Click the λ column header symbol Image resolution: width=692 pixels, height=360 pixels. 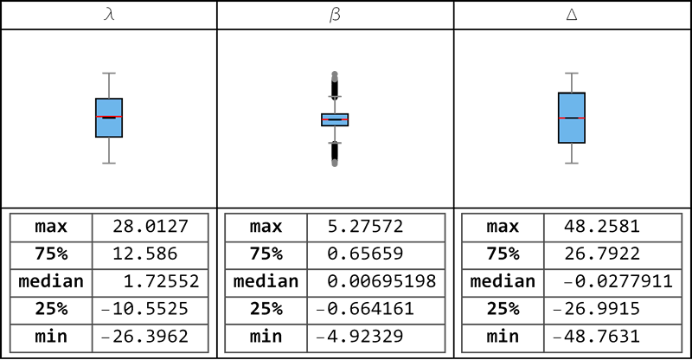(x=109, y=15)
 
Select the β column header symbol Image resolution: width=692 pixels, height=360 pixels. (x=335, y=15)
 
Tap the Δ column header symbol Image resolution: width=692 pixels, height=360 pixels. (x=572, y=15)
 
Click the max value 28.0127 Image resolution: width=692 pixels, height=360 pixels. (x=151, y=227)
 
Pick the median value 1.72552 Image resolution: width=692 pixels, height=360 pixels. (x=161, y=281)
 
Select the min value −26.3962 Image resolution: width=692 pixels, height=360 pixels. (x=145, y=337)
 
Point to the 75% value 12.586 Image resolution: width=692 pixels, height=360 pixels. (x=145, y=254)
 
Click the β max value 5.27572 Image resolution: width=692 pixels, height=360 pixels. (x=365, y=227)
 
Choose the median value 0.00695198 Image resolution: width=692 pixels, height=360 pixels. (x=381, y=281)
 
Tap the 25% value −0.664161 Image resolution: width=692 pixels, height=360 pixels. (x=365, y=309)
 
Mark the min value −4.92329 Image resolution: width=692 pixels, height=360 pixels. (x=360, y=337)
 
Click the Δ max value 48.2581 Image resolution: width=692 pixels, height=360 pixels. (x=602, y=227)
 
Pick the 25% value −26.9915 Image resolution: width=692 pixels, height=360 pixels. (x=597, y=309)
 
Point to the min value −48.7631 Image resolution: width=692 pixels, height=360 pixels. (x=597, y=337)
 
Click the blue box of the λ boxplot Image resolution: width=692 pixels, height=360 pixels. (x=109, y=118)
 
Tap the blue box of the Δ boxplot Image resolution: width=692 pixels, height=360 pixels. (x=572, y=118)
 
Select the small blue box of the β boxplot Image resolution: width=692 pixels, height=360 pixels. (x=335, y=119)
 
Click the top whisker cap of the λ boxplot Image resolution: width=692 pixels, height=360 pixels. (x=109, y=74)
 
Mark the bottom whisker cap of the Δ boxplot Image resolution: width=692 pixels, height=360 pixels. (x=572, y=164)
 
